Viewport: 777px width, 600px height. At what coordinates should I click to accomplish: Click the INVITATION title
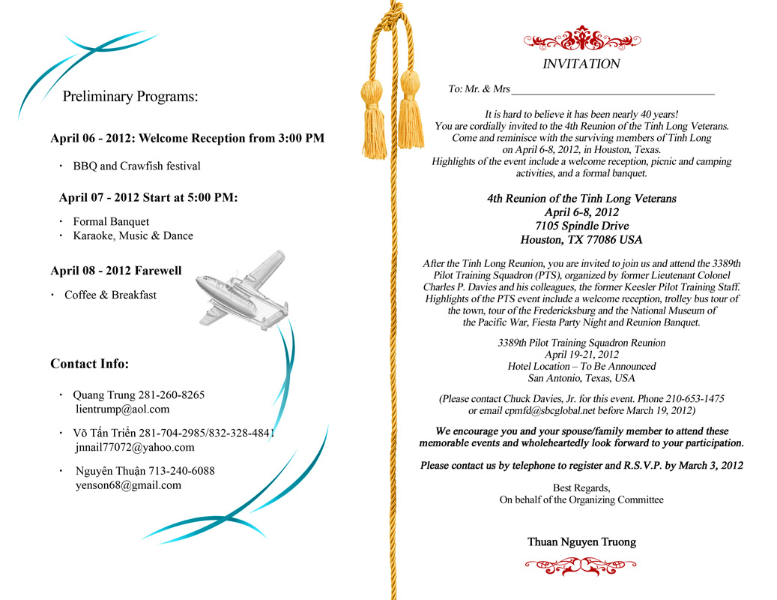581,64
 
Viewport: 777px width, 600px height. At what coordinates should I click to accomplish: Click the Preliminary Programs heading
130,97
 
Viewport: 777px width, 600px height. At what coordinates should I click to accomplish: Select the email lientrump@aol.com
123,409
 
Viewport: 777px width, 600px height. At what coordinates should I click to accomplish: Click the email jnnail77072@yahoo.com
135,448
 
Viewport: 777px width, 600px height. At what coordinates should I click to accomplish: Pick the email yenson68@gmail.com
128,485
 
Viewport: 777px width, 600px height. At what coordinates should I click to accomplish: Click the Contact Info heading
89,364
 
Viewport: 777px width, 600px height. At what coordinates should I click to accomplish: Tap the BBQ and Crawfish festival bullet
136,166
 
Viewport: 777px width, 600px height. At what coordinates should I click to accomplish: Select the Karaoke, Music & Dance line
133,235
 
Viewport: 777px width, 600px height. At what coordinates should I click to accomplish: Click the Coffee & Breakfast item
110,295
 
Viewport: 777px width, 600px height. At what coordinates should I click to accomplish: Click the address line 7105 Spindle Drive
581,226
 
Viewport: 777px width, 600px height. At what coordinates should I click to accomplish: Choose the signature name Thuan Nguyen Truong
581,541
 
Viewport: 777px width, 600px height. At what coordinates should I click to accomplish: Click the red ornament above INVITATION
581,38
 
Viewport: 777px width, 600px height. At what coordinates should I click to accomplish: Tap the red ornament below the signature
581,567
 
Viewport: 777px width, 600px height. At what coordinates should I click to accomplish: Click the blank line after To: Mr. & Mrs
612,90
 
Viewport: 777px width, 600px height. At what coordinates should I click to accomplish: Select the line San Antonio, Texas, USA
581,379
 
